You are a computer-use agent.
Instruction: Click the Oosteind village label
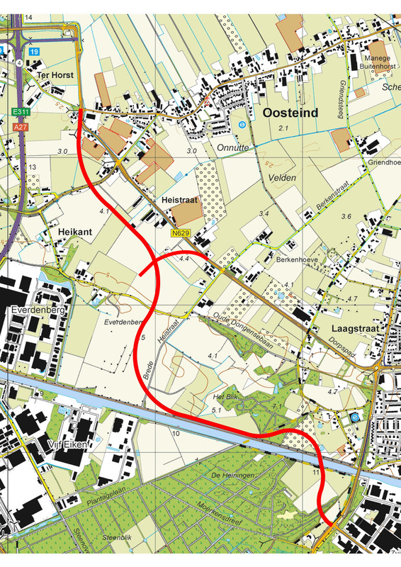point(290,112)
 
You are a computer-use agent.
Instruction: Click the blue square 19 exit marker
point(34,52)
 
